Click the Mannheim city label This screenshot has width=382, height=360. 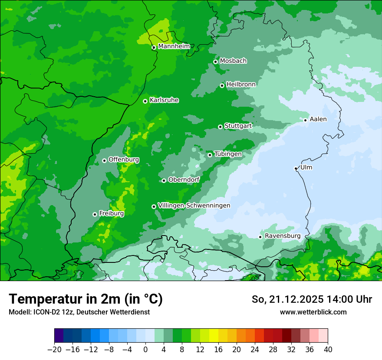coord(174,46)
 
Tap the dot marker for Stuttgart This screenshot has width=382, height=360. coord(220,127)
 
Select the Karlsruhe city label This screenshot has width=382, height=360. coord(164,100)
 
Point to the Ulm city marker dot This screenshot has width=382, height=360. coord(296,168)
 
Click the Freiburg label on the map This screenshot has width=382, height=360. coord(111,213)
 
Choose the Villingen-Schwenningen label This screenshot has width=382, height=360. coord(194,206)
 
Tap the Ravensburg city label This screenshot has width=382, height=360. coord(282,236)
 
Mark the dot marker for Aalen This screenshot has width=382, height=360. coord(305,120)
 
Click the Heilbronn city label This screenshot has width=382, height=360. coord(241,84)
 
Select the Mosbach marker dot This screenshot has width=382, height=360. coord(215,62)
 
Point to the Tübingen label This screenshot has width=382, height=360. coord(228,154)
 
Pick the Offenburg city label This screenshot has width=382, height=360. coord(124,160)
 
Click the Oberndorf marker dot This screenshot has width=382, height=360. coord(164,180)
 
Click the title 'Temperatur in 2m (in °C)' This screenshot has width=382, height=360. coord(86,299)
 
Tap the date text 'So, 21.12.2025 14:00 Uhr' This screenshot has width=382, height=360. coord(312,299)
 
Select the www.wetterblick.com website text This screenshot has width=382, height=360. coord(313,312)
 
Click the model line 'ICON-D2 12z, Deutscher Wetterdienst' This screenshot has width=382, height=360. coord(79,312)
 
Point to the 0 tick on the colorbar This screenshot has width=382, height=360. coord(145,350)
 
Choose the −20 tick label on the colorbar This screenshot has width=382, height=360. coord(54,350)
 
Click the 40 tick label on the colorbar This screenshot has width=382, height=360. coord(328,350)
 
